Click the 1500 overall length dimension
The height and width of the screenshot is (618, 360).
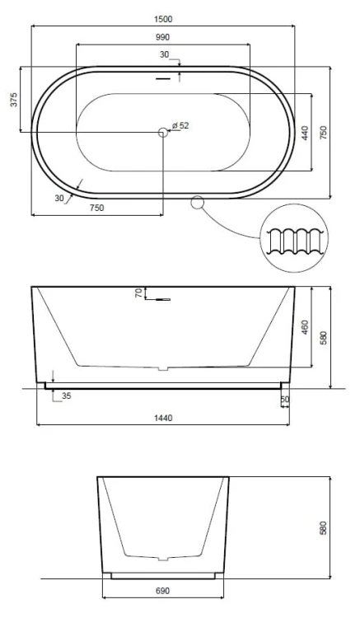pos(162,19)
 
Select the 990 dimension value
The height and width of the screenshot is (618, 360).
pos(162,37)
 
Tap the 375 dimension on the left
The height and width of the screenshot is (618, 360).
pos(14,100)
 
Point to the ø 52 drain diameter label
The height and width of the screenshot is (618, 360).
pos(180,126)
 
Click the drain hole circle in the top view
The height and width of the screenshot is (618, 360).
pos(163,132)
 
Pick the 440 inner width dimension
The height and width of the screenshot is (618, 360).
pos(305,133)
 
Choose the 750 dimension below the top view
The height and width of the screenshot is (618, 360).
pos(97,208)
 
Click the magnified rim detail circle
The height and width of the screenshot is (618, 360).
pos(294,238)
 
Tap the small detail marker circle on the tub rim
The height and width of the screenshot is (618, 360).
pos(198,203)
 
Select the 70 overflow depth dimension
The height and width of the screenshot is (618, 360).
pos(138,293)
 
